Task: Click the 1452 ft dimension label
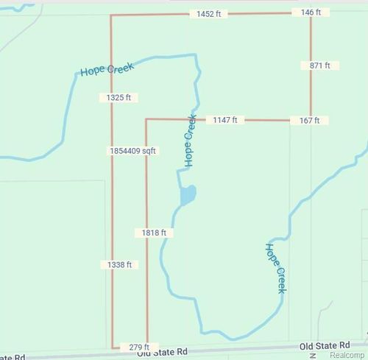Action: pyautogui.click(x=208, y=14)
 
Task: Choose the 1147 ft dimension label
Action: pyautogui.click(x=224, y=119)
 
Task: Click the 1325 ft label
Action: pyautogui.click(x=118, y=97)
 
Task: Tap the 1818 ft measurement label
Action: pyautogui.click(x=154, y=233)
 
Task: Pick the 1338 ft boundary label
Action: pyautogui.click(x=118, y=264)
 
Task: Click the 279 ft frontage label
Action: pyautogui.click(x=139, y=347)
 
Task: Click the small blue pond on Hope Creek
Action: pyautogui.click(x=188, y=196)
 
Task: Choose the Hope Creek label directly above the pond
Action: pyautogui.click(x=189, y=140)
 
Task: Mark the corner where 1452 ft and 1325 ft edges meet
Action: pyautogui.click(x=111, y=15)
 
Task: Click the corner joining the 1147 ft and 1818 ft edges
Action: pyautogui.click(x=146, y=119)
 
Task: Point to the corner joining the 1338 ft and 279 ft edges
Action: pyautogui.click(x=112, y=347)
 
